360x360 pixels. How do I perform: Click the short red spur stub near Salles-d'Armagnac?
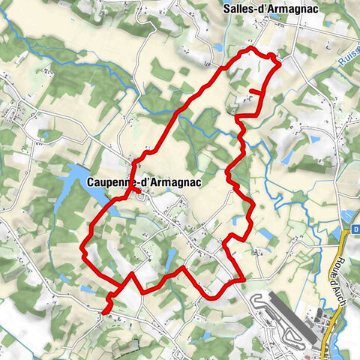(x=254, y=91)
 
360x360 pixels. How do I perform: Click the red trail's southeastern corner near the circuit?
(x=242, y=280)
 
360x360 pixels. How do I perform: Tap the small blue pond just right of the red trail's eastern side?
(x=266, y=235)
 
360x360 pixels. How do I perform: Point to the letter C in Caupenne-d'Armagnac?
(x=90, y=181)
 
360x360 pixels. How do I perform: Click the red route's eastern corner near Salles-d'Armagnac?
(x=279, y=64)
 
